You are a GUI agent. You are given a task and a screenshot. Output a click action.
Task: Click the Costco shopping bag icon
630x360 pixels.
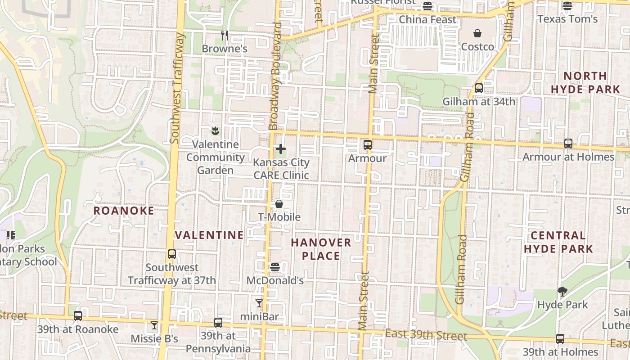477,33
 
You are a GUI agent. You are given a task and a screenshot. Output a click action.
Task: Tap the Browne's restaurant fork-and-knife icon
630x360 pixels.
224,35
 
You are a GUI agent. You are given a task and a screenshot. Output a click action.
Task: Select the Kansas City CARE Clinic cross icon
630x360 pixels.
281,148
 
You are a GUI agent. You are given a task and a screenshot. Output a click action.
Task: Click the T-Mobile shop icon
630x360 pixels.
279,204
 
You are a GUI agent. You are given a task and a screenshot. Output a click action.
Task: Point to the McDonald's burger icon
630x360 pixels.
275,267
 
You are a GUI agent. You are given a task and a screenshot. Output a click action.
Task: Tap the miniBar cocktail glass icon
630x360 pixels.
259,303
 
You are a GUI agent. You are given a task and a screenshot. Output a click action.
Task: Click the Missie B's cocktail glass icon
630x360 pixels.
154,325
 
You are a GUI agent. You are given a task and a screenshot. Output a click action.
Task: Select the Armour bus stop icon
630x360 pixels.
368,145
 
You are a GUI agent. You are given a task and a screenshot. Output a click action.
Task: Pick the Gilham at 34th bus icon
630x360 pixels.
479,88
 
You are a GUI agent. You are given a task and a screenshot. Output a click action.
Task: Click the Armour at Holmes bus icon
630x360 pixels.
568,144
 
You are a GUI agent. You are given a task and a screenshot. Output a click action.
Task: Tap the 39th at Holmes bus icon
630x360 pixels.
560,339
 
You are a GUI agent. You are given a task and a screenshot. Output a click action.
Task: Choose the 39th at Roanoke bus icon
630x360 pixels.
78,316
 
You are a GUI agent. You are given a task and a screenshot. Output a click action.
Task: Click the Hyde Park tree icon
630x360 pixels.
562,291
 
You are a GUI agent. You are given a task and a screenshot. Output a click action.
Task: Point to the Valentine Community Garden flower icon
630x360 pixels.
215,131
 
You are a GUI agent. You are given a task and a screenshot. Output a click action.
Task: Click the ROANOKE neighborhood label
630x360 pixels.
123,211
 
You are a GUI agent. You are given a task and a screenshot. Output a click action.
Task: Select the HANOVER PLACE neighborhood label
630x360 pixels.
321,249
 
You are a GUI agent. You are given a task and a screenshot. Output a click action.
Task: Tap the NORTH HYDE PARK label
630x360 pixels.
585,82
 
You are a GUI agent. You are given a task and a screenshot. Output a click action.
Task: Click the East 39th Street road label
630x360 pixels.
426,336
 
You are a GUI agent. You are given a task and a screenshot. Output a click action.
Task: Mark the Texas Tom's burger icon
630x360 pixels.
567,6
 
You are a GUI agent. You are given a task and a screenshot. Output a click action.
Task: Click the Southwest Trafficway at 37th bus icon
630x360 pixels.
172,254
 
